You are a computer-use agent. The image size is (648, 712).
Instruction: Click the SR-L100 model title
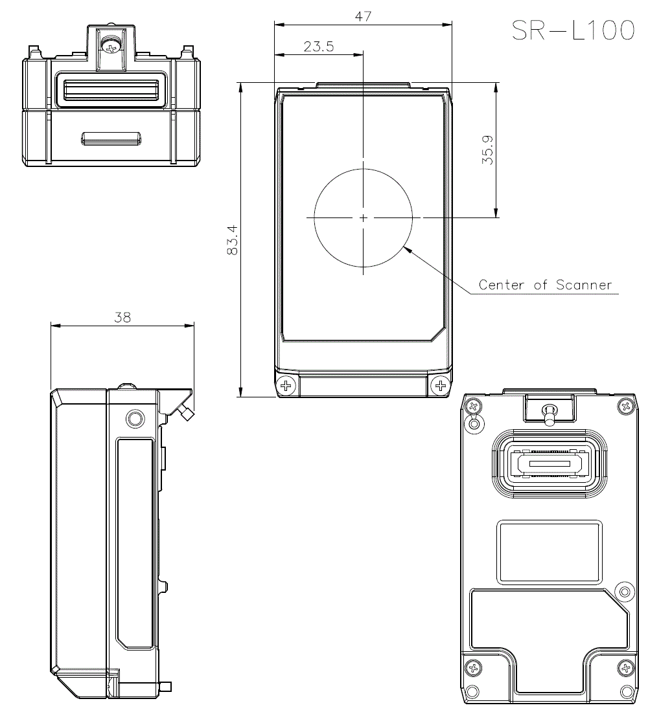(572, 30)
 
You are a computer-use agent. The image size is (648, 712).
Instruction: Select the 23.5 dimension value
(318, 47)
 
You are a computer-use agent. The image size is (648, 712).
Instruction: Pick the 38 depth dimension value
(122, 317)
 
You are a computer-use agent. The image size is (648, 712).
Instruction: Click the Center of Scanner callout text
(545, 284)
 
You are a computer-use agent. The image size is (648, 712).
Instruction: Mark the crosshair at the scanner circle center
(364, 218)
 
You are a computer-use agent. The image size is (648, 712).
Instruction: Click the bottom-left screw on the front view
(285, 386)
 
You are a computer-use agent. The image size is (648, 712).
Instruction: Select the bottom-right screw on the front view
(442, 386)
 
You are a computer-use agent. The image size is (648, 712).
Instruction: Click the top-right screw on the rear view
(626, 406)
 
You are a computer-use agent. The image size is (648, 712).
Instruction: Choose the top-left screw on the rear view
(474, 407)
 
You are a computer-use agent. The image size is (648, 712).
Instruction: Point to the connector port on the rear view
(549, 464)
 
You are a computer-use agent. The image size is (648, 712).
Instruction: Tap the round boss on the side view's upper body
(134, 417)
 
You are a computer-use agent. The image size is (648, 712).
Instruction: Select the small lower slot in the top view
(111, 138)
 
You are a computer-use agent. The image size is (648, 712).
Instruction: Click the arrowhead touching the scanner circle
(406, 249)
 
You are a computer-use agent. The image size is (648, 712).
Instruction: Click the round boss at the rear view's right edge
(624, 590)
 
